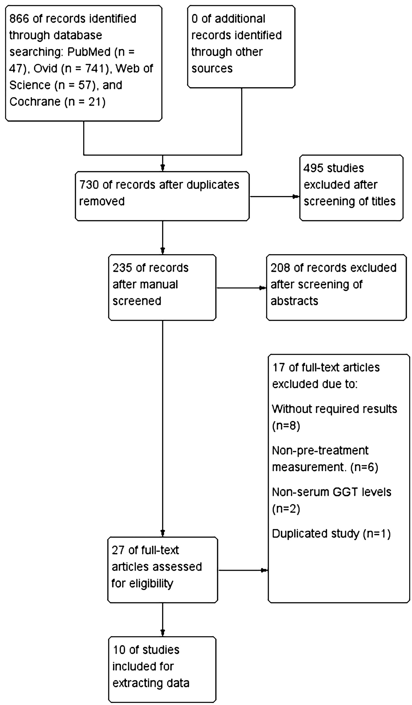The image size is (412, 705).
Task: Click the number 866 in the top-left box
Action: tap(19, 19)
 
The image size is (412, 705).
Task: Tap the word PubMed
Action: tap(89, 52)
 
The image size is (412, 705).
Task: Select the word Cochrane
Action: tap(35, 102)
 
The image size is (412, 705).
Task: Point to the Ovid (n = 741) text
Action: tap(71, 69)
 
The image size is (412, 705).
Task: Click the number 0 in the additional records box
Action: tap(195, 19)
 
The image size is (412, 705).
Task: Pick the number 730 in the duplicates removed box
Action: tap(89, 185)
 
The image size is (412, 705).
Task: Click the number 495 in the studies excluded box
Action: tap(313, 168)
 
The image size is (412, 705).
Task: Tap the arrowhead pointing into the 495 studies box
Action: tap(296, 197)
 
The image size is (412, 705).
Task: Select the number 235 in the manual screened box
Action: tap(122, 268)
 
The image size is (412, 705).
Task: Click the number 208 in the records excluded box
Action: tap(280, 268)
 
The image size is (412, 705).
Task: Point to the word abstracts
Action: tap(294, 301)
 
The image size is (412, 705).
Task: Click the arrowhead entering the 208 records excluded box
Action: tap(263, 288)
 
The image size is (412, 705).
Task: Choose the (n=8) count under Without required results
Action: tap(286, 426)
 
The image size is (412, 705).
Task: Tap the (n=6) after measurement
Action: tap(364, 468)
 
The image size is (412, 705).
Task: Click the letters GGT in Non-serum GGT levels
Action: tap(345, 492)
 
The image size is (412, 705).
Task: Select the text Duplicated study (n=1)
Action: tap(331, 534)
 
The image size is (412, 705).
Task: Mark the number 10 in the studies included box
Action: tap(119, 650)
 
